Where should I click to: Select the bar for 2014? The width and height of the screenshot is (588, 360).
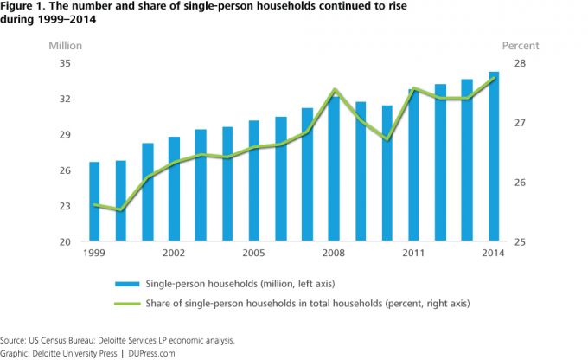point(494,157)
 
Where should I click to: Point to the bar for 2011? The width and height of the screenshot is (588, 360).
point(413,165)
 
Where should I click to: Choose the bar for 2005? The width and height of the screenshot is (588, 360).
point(254,181)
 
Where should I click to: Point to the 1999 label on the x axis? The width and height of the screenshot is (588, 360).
point(93,253)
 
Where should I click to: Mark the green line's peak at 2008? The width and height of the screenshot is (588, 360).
point(335,89)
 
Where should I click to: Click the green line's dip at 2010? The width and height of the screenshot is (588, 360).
point(387,139)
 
